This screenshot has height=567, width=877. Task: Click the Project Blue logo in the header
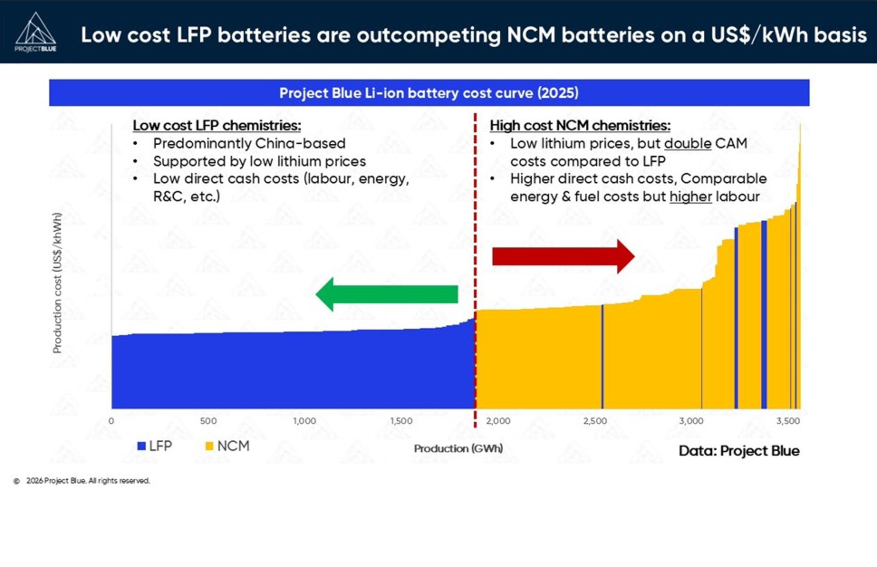(x=35, y=33)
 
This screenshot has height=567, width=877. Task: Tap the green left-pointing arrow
(x=386, y=294)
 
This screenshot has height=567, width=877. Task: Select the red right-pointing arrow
(x=563, y=257)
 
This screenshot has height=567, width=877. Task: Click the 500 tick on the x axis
(x=208, y=421)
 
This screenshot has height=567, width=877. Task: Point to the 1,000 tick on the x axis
(x=305, y=421)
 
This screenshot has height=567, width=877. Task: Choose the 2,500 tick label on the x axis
(x=595, y=421)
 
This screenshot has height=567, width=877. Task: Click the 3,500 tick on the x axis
(x=788, y=421)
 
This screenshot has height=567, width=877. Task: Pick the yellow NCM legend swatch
(x=209, y=446)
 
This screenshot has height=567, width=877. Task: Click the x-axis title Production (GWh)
(x=458, y=448)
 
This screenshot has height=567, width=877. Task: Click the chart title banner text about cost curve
(x=429, y=93)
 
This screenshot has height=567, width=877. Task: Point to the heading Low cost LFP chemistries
(x=217, y=126)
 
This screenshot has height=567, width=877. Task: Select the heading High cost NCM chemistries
(x=580, y=126)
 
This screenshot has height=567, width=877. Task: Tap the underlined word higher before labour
(x=691, y=197)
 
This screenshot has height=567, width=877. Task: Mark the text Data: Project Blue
(x=739, y=451)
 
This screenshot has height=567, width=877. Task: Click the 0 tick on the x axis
(x=111, y=421)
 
